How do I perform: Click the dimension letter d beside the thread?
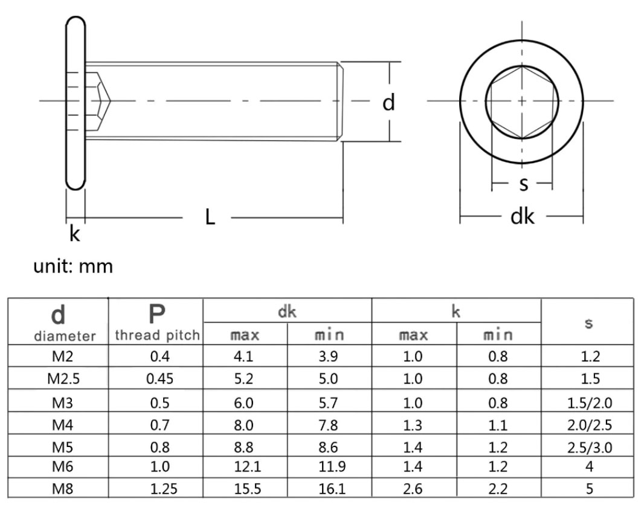click(x=389, y=103)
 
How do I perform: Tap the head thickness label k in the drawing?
click(x=74, y=234)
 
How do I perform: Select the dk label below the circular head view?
click(x=523, y=216)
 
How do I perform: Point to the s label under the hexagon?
click(x=523, y=184)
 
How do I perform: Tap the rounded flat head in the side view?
click(x=76, y=103)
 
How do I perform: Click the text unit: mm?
click(x=73, y=266)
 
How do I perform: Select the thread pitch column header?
click(x=156, y=335)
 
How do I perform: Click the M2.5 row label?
click(x=58, y=379)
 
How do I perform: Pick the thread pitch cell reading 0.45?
click(x=159, y=379)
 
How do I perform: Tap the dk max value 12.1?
click(x=246, y=466)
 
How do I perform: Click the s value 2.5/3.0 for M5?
click(x=589, y=447)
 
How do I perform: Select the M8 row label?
click(x=58, y=488)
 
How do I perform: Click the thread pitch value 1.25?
click(x=159, y=488)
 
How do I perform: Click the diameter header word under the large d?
click(x=58, y=336)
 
